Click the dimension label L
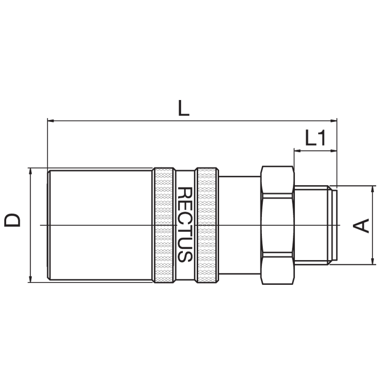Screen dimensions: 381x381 pyautogui.click(x=183, y=108)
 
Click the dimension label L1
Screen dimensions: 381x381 pyautogui.click(x=315, y=138)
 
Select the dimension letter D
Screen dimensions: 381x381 pyautogui.click(x=12, y=220)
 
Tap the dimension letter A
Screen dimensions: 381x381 pyautogui.click(x=361, y=226)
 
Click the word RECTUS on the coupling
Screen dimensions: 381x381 pyautogui.click(x=185, y=224)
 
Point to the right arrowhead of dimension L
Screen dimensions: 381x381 pyautogui.click(x=334, y=120)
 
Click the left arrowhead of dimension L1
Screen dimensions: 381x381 pyautogui.click(x=297, y=151)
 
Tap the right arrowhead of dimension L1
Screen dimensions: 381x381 pyautogui.click(x=334, y=151)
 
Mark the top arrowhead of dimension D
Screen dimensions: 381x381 pyautogui.click(x=30, y=171)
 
